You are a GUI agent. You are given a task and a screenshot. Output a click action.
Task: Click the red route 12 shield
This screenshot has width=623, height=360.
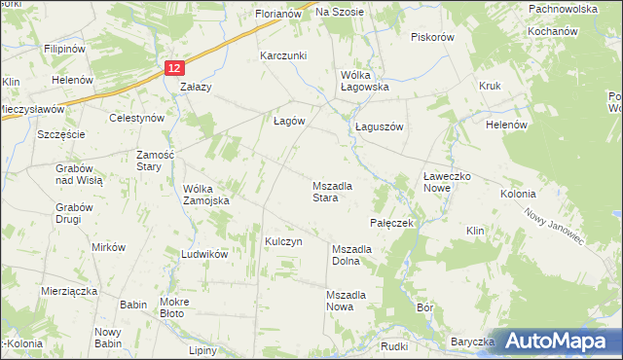173,67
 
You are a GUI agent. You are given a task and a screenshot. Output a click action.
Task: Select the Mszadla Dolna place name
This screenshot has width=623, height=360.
359,255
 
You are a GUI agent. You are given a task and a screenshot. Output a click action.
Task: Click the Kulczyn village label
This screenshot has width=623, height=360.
284,240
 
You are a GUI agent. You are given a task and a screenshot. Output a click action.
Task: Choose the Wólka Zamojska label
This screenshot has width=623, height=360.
206,195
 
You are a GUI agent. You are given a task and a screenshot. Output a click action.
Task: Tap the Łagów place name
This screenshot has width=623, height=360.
287,121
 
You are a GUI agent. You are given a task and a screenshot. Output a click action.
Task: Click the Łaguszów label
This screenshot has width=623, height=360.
379,126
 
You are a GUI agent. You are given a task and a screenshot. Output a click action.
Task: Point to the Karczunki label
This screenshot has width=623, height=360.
283,56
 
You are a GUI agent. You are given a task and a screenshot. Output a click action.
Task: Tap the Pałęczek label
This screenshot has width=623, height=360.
393,223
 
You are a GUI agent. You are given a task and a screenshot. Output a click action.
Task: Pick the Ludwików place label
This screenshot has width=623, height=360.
203,253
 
